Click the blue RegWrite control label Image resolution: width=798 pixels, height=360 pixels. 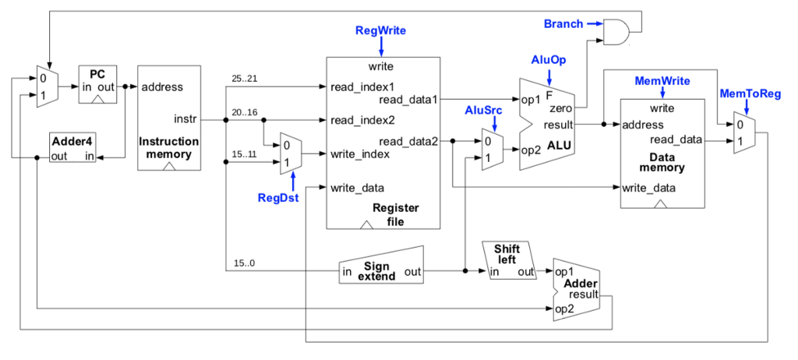tap(380, 30)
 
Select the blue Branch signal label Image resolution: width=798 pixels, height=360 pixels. tap(563, 24)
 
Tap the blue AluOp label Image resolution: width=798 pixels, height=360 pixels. tap(549, 59)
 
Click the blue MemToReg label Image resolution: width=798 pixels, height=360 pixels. tap(750, 94)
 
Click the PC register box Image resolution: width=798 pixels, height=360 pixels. tap(97, 84)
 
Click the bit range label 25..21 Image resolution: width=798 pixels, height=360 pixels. tap(244, 79)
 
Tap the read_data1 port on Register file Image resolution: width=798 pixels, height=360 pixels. tap(408, 99)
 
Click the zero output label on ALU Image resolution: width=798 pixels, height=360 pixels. tap(561, 111)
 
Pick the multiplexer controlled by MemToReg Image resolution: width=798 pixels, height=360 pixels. tap(743, 132)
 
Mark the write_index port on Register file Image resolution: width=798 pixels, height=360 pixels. tap(360, 154)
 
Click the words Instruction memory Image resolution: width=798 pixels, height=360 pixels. tap(168, 147)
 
